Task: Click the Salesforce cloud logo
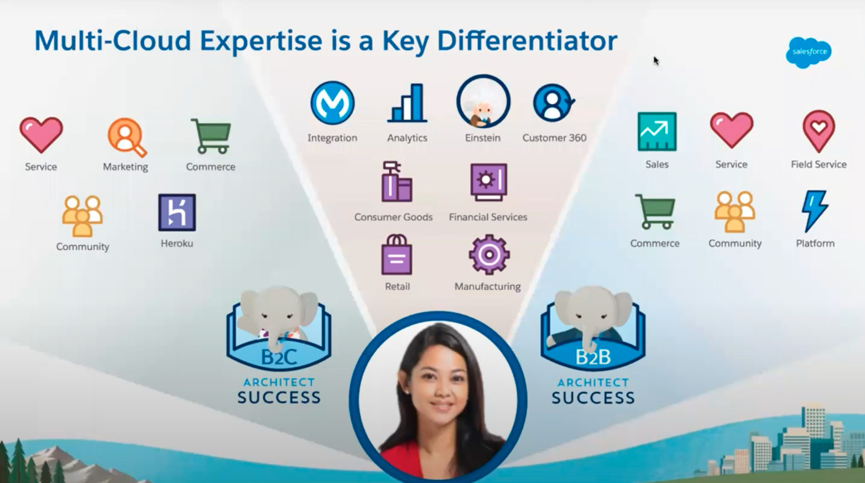pyautogui.click(x=809, y=53)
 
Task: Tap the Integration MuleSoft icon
pyautogui.click(x=332, y=103)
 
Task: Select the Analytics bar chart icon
pyautogui.click(x=407, y=103)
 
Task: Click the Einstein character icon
pyautogui.click(x=483, y=101)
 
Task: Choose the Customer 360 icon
pyautogui.click(x=554, y=103)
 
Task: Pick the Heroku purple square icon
pyautogui.click(x=177, y=212)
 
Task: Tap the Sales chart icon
pyautogui.click(x=657, y=132)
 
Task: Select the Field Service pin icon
pyautogui.click(x=819, y=131)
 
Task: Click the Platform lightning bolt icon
pyautogui.click(x=815, y=211)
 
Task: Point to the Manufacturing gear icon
pyautogui.click(x=489, y=255)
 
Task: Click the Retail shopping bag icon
pyautogui.click(x=397, y=255)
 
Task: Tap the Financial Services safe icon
pyautogui.click(x=488, y=182)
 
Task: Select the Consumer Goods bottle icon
pyautogui.click(x=397, y=181)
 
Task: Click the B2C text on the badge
pyautogui.click(x=279, y=357)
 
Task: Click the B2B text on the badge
pyautogui.click(x=593, y=357)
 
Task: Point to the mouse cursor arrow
pyautogui.click(x=656, y=61)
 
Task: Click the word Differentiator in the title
pyautogui.click(x=527, y=40)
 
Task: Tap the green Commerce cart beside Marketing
pyautogui.click(x=211, y=137)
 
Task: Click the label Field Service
pyautogui.click(x=819, y=165)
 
